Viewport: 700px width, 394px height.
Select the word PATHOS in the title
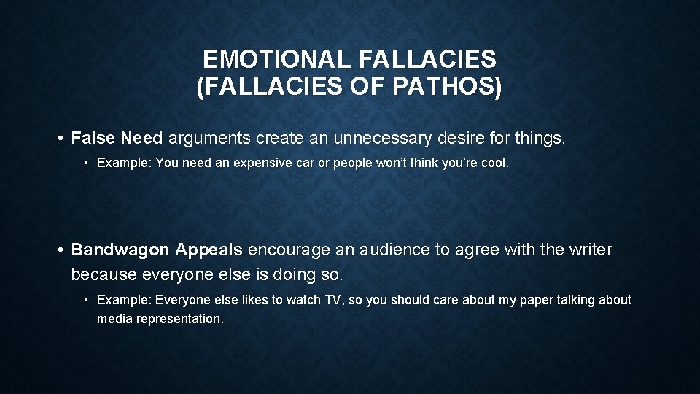click(447, 87)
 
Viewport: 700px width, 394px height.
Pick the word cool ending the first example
click(494, 163)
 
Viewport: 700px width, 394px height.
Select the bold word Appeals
click(209, 250)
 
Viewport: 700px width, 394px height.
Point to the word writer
click(587, 250)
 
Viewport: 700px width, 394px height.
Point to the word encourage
click(289, 250)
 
